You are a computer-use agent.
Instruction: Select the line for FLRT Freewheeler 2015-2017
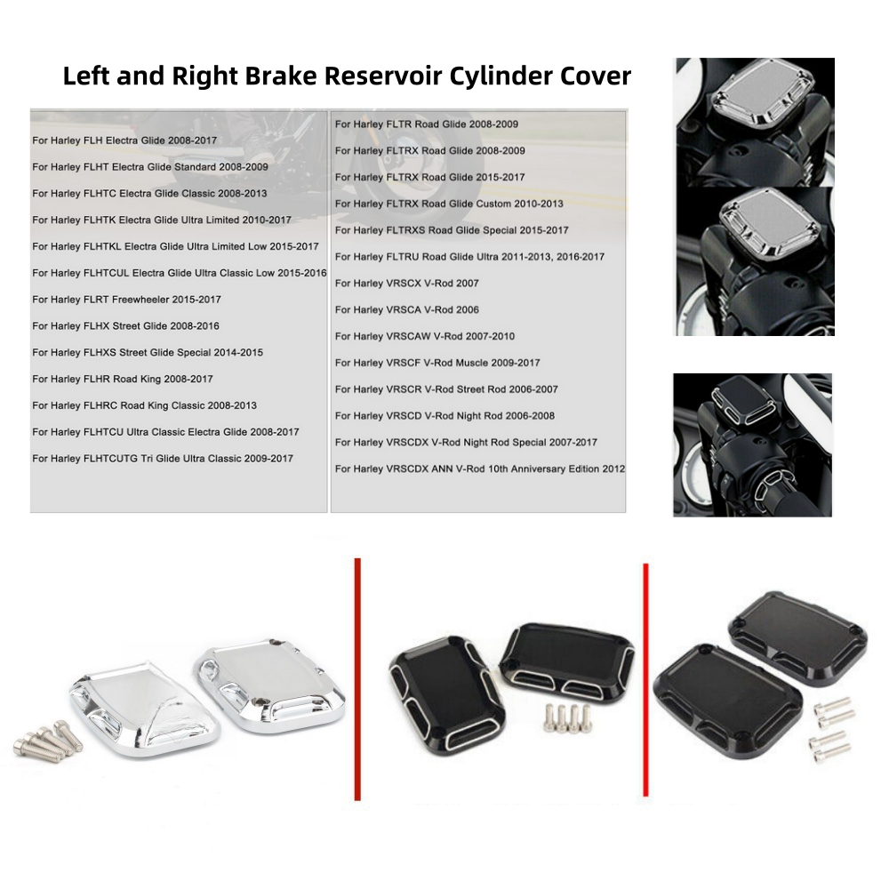coord(126,300)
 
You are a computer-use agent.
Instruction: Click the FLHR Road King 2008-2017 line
coord(123,379)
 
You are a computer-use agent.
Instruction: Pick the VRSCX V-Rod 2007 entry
coord(406,283)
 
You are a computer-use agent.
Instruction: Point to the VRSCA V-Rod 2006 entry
coord(406,309)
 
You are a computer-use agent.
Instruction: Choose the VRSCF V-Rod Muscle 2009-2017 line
coord(437,363)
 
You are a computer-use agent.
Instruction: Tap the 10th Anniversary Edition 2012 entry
coord(480,469)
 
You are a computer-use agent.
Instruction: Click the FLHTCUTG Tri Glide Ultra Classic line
coord(163,458)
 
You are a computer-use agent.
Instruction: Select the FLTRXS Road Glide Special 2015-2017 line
coord(452,230)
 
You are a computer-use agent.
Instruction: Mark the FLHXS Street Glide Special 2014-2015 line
coord(148,352)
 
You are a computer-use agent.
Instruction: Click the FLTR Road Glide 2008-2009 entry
coord(427,124)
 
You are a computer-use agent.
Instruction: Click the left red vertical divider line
coord(357,679)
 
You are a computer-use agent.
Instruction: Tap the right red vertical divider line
coord(645,680)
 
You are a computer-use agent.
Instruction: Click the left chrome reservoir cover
coord(144,709)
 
